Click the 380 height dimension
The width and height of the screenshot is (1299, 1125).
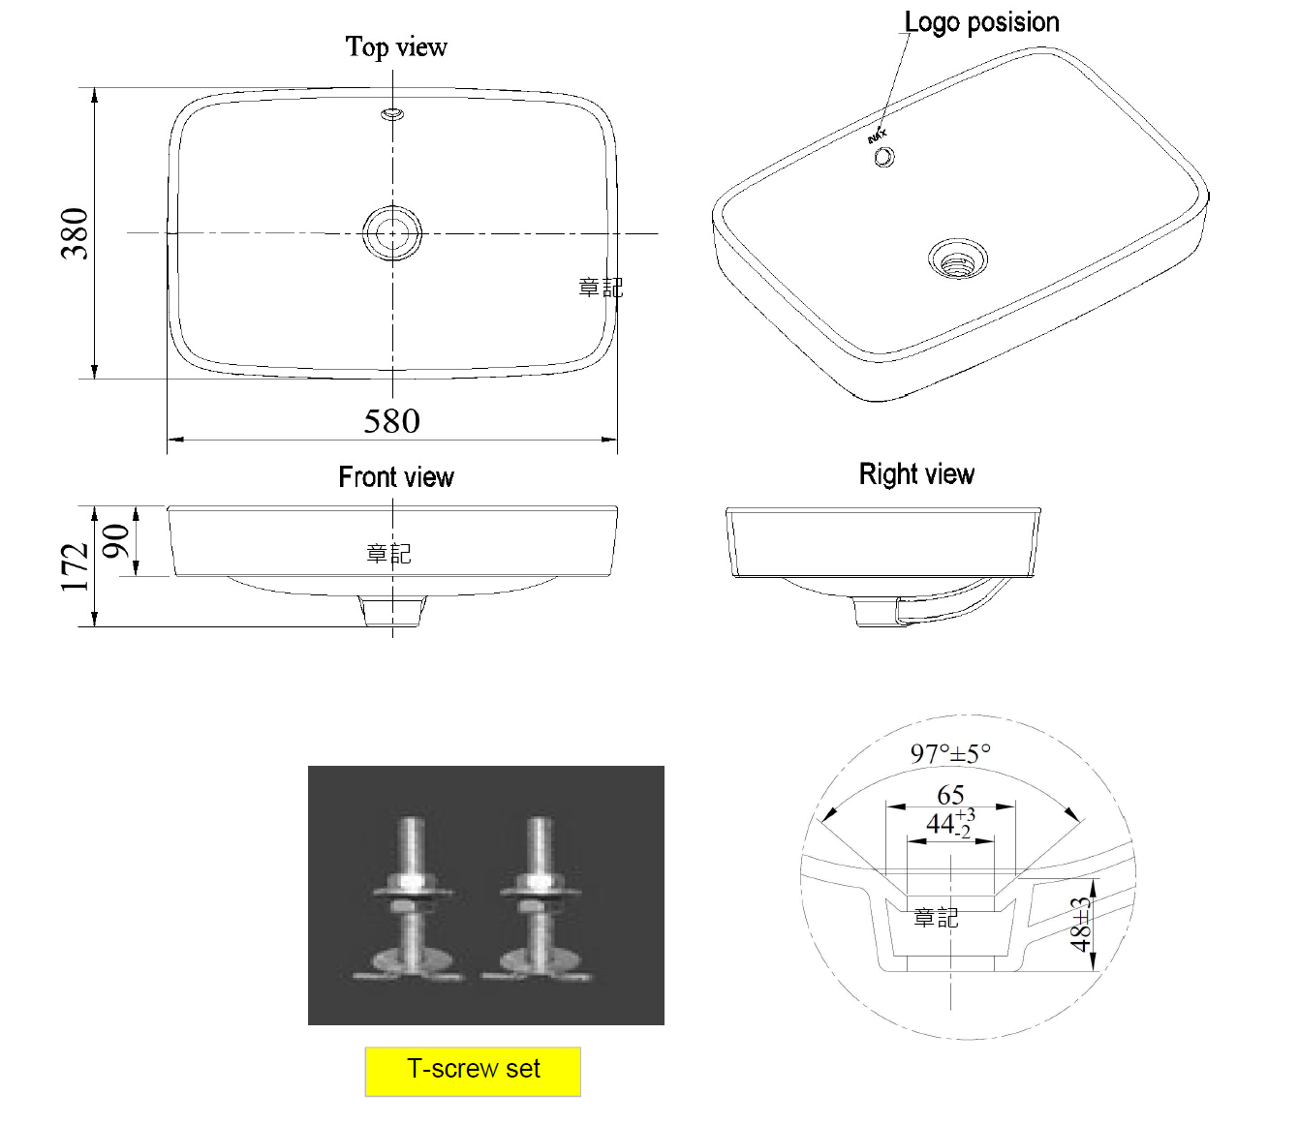tap(75, 233)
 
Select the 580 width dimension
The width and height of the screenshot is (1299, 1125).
tap(391, 421)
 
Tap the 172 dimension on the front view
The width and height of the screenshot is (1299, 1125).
tap(75, 567)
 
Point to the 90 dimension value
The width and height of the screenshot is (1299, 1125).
tap(115, 541)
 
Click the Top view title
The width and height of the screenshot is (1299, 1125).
tap(396, 47)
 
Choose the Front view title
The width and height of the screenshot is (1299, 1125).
tap(396, 476)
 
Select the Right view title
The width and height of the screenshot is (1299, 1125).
tap(916, 473)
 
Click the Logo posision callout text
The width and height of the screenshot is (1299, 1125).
tap(981, 22)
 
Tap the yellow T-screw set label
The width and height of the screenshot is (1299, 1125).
tap(473, 1069)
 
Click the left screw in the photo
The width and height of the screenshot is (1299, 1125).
tap(411, 898)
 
